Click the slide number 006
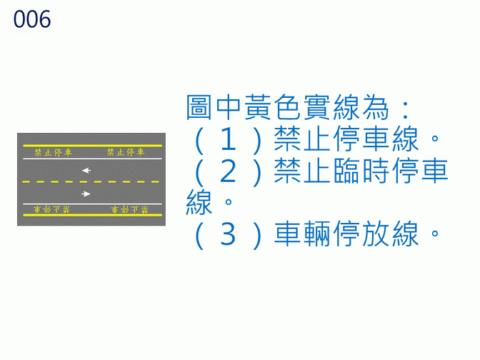tap(32, 20)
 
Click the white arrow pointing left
tap(86, 170)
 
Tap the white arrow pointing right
tap(86, 194)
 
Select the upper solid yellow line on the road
tap(91, 146)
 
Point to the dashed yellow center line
tap(91, 182)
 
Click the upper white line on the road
tap(91, 156)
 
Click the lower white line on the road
tap(91, 204)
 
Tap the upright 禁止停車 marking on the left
tap(53, 151)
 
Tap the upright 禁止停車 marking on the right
tap(125, 151)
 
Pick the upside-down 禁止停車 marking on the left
tap(53, 209)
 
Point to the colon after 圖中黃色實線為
tap(405, 110)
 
